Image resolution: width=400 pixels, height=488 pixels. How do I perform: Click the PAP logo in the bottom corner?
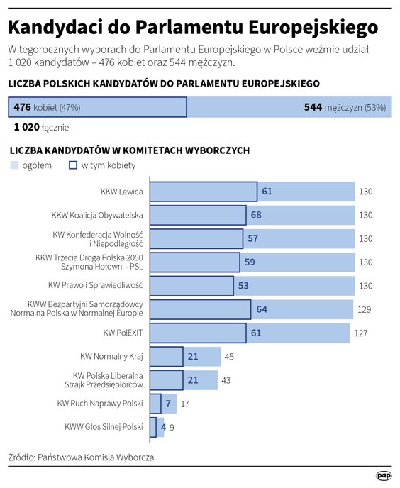click(x=383, y=476)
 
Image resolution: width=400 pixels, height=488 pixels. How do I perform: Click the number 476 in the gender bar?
click(x=23, y=107)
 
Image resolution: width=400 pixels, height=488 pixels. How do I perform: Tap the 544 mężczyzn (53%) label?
click(x=344, y=107)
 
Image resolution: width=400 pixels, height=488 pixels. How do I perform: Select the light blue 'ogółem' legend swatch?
click(x=14, y=165)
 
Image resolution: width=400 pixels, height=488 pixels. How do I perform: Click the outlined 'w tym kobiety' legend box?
click(x=72, y=165)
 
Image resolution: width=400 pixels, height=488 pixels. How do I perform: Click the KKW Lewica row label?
click(x=122, y=192)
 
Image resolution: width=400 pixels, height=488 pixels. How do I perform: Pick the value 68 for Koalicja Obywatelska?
click(x=256, y=215)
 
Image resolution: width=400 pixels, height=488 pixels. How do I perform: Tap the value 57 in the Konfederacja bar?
click(x=252, y=238)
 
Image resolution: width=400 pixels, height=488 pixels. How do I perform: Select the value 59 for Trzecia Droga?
click(x=249, y=262)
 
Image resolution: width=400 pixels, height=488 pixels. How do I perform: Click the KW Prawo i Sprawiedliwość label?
click(x=96, y=285)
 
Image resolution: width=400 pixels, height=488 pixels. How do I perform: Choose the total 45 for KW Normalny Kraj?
click(x=229, y=356)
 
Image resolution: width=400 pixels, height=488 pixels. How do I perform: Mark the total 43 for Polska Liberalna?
click(x=226, y=380)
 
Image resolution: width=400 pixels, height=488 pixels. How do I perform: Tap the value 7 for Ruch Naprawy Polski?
click(x=168, y=404)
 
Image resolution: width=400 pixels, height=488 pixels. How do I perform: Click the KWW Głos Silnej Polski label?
click(x=104, y=426)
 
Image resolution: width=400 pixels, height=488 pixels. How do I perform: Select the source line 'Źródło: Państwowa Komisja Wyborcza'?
click(x=81, y=457)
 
